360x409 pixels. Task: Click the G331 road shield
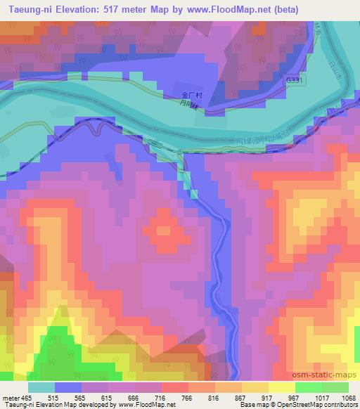coord(296,82)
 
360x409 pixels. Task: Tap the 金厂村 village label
coord(184,95)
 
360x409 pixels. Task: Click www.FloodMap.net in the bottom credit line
coord(146,405)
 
